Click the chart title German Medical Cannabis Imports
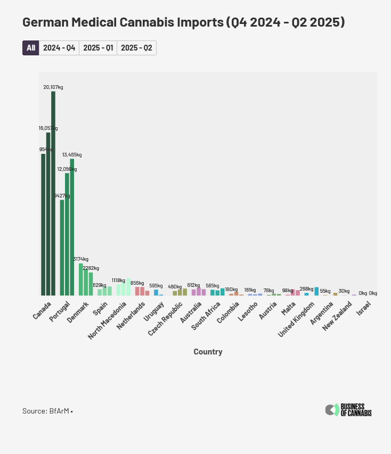tap(183, 22)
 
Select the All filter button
tap(30, 48)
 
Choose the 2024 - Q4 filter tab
tap(59, 48)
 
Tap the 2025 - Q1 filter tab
tap(98, 48)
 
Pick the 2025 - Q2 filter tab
tap(136, 48)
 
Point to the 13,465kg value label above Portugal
tap(72, 155)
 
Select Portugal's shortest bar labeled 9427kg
tap(62, 247)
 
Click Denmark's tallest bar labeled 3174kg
tap(81, 279)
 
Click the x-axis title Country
tap(208, 352)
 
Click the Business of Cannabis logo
tap(348, 410)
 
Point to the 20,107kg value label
tap(53, 87)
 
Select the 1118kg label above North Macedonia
tap(118, 280)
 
